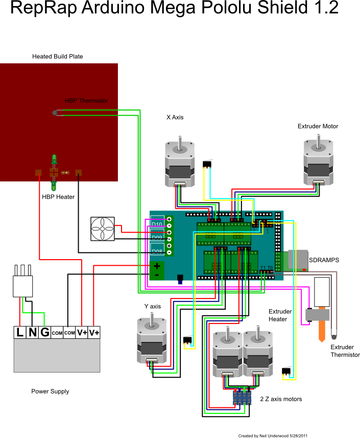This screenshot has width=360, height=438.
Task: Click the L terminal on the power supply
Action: coord(20,332)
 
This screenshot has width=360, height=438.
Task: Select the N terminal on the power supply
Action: coord(33,332)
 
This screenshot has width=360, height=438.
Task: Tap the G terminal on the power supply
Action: coord(45,332)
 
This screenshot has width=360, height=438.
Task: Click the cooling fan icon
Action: coord(103,229)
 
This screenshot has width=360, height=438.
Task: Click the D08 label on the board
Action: coord(157,251)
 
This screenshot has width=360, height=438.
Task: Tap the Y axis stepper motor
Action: coord(151,340)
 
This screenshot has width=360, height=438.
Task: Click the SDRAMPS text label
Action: coord(324,260)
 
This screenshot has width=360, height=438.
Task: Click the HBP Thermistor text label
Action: coord(86,101)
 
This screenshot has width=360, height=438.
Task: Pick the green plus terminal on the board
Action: coord(157,266)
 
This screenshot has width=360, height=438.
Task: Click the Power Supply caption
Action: coord(50,391)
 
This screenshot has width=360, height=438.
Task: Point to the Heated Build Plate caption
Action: coord(57,56)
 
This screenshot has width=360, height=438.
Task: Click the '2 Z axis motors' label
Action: coord(280,399)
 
